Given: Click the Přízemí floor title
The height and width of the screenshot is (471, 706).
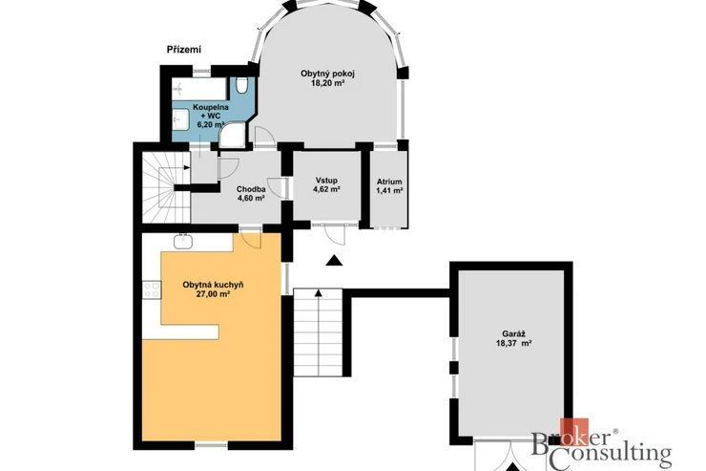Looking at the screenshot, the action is (x=184, y=50).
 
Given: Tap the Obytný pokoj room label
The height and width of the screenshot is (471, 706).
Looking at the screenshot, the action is (x=327, y=74).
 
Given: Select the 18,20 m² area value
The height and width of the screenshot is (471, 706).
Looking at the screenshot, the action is (x=327, y=83).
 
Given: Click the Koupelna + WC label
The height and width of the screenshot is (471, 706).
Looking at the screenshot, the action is (x=210, y=112).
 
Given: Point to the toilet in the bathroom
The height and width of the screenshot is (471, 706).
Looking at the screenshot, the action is (x=241, y=85).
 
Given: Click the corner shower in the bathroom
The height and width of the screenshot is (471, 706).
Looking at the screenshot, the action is (x=233, y=136).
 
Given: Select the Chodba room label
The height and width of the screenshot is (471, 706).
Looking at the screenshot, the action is (x=251, y=189).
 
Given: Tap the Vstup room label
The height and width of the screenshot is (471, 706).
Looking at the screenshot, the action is (x=326, y=181).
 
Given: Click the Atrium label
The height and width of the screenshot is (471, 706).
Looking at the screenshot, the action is (x=389, y=182).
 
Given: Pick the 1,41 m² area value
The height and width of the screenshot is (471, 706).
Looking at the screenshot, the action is (x=389, y=191).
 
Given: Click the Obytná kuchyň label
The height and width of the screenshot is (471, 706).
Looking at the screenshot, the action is (x=213, y=285).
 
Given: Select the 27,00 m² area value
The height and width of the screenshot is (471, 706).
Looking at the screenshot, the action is (x=213, y=294).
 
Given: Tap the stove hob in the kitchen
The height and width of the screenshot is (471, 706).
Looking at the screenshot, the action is (x=152, y=289).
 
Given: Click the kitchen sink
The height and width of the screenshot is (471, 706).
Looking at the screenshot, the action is (x=183, y=240).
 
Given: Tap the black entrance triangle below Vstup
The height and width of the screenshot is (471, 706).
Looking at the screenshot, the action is (x=334, y=260).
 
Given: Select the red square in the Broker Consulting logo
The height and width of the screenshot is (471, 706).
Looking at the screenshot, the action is (x=574, y=432).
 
